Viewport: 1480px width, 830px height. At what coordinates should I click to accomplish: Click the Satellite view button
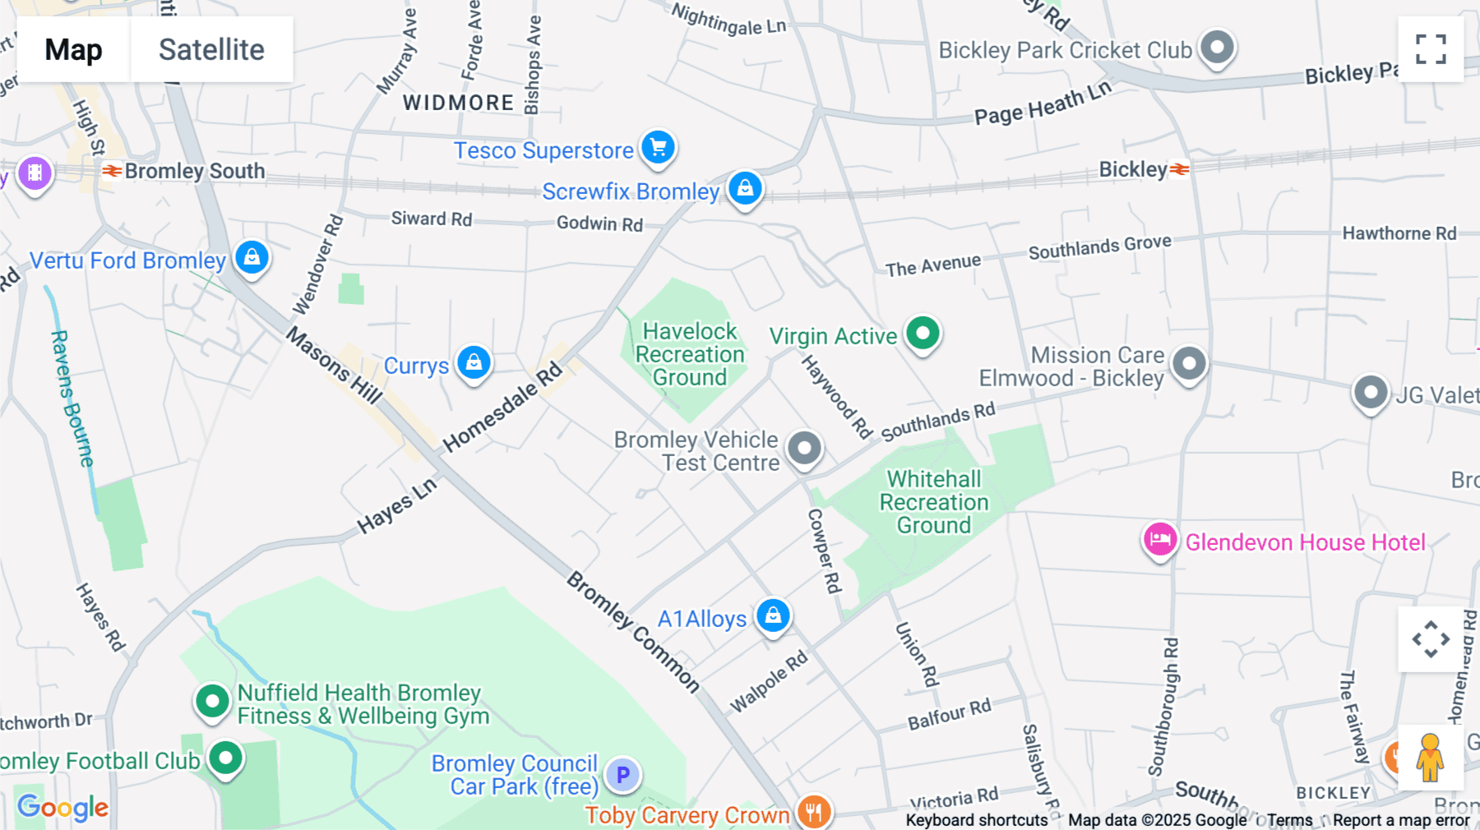211,49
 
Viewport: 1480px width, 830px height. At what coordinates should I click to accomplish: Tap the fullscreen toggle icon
1431,49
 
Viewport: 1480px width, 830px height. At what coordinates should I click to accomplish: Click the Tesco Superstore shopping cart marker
658,148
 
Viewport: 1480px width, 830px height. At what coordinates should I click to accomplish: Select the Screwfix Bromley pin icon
745,188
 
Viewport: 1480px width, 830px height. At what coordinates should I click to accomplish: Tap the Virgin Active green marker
923,334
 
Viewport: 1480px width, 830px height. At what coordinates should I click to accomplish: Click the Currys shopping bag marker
474,362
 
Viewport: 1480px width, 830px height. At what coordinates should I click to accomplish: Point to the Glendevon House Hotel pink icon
1159,541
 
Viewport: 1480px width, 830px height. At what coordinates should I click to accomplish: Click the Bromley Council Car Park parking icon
622,774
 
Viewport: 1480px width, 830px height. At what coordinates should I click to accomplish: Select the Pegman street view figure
1430,758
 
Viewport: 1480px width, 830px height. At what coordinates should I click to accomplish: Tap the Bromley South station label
194,171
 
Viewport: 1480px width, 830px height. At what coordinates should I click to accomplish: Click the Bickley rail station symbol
1180,169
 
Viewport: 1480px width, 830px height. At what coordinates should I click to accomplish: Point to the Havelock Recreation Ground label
690,354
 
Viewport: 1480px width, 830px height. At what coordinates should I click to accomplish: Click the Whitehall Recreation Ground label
934,502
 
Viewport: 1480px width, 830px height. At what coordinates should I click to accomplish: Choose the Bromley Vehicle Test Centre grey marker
804,449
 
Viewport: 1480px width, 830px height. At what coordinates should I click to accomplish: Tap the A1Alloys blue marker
773,616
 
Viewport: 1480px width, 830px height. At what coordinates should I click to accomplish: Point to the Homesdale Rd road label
502,408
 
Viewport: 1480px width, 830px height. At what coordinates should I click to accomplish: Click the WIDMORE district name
458,103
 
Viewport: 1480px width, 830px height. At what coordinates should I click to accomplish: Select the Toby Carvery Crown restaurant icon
813,812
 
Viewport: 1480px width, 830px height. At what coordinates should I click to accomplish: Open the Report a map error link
1401,820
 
